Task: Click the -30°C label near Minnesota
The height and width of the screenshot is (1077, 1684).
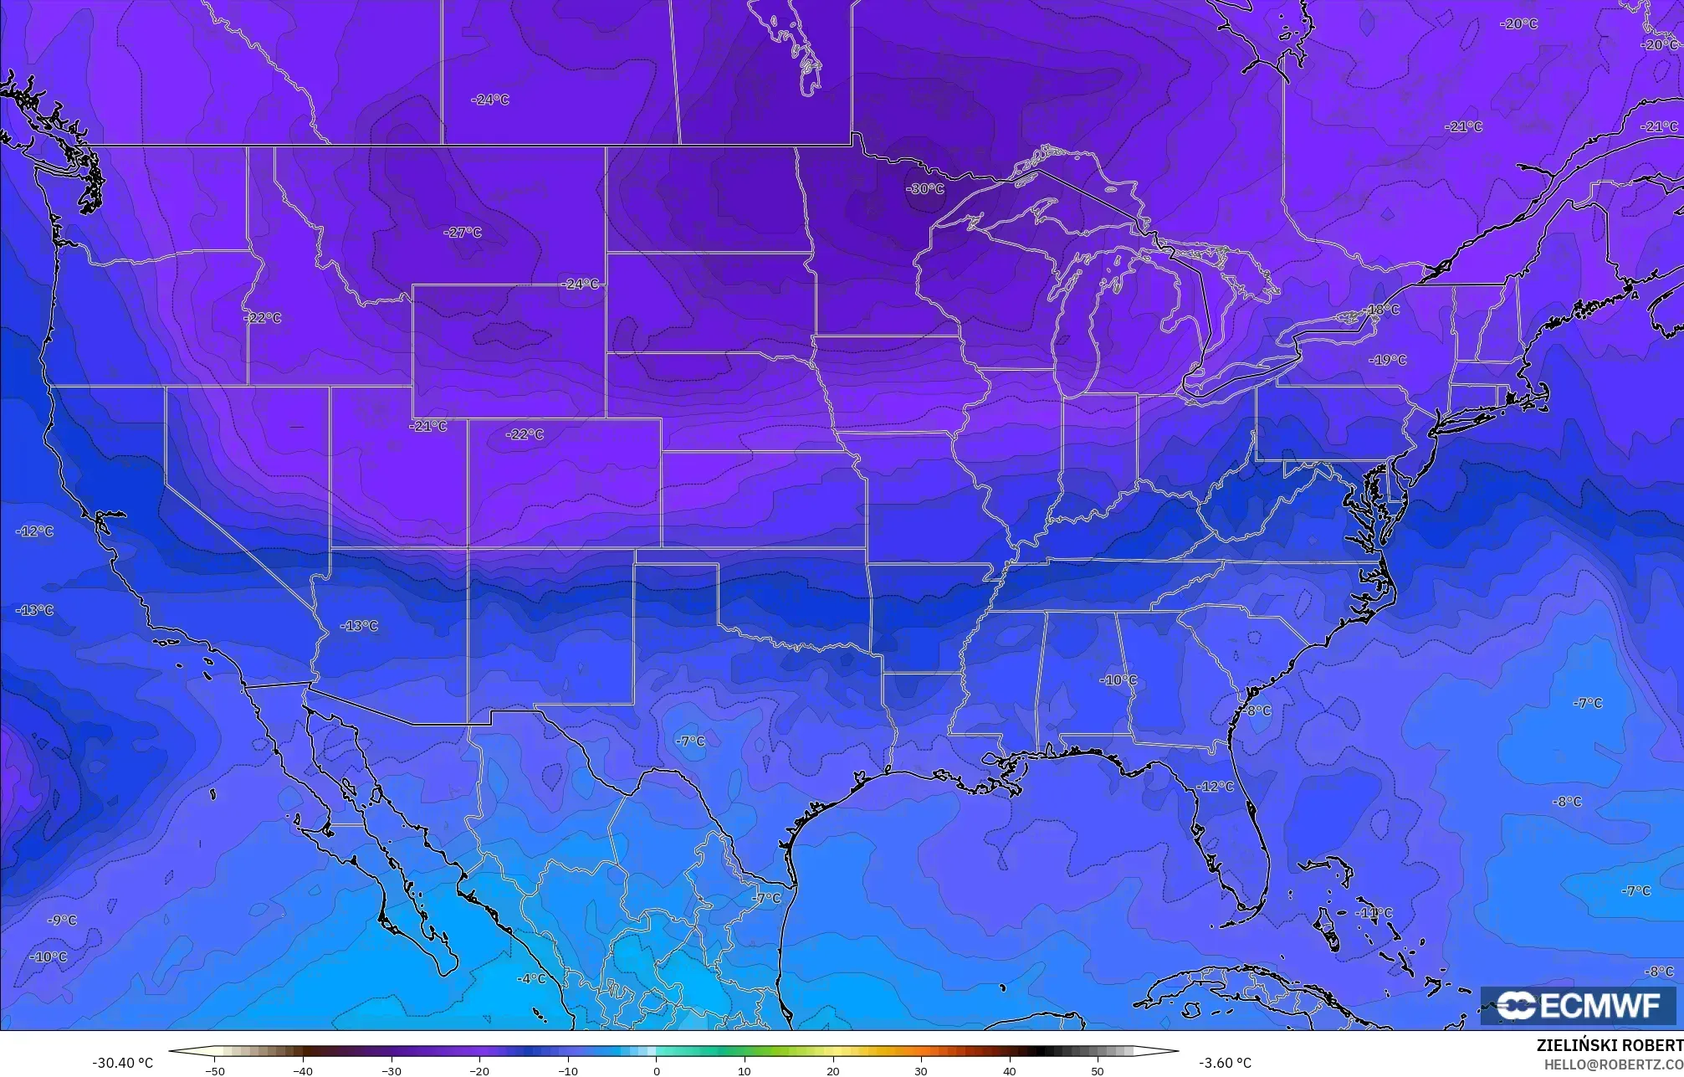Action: pyautogui.click(x=924, y=189)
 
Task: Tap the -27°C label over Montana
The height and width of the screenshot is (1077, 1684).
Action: pyautogui.click(x=463, y=233)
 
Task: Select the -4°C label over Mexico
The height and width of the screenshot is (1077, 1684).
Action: pyautogui.click(x=531, y=979)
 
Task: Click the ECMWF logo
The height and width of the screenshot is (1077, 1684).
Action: pyautogui.click(x=1578, y=1006)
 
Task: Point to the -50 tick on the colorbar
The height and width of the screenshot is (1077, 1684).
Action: pyautogui.click(x=215, y=1070)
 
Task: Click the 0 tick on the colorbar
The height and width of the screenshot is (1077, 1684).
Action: pyautogui.click(x=656, y=1070)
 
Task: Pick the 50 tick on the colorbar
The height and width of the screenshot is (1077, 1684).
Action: pyautogui.click(x=1097, y=1070)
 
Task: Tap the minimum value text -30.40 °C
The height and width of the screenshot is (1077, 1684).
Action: pyautogui.click(x=122, y=1063)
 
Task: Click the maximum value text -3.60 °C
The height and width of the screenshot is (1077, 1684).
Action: pyautogui.click(x=1225, y=1063)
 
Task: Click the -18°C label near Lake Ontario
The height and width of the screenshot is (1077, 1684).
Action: pyautogui.click(x=1382, y=310)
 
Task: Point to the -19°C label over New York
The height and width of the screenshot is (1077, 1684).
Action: pyautogui.click(x=1388, y=360)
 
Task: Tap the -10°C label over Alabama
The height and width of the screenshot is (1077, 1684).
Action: pyautogui.click(x=1118, y=680)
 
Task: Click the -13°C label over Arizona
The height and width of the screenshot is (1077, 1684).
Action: pyautogui.click(x=360, y=626)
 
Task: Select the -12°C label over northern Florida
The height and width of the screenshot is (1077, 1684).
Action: pyautogui.click(x=1216, y=787)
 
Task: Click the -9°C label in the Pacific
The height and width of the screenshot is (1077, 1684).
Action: pyautogui.click(x=62, y=921)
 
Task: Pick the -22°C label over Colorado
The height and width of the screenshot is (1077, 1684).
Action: pyautogui.click(x=525, y=434)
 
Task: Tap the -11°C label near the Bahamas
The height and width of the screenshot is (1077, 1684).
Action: pyautogui.click(x=1374, y=913)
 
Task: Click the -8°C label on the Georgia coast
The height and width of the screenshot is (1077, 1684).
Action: pyautogui.click(x=1257, y=711)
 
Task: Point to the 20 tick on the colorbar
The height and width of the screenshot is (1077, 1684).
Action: pyautogui.click(x=832, y=1070)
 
